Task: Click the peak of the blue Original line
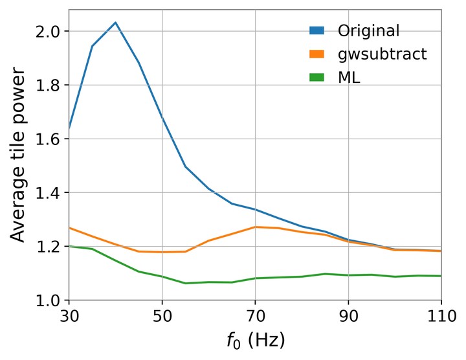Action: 115,23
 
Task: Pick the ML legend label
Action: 348,78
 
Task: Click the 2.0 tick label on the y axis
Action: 48,31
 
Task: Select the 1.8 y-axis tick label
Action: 48,85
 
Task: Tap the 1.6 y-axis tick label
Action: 48,139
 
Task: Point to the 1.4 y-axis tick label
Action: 48,193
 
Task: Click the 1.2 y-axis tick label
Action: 48,247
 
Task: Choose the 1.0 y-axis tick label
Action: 48,300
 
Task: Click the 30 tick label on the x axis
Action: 69,317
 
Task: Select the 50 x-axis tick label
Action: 162,317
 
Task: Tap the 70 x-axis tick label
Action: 255,317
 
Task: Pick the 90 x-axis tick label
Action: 348,317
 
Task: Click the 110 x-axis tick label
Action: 440,317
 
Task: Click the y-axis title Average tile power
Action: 18,165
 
